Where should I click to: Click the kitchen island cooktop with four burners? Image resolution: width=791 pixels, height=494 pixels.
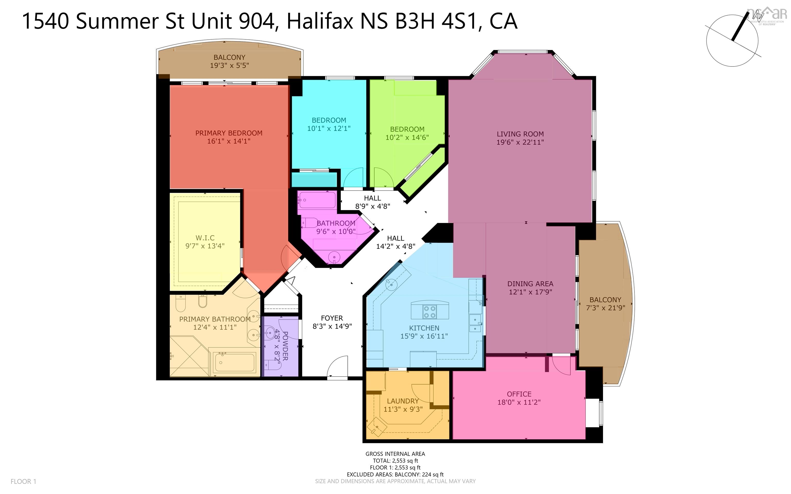[x=430, y=311]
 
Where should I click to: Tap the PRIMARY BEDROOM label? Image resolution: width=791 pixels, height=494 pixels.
[x=229, y=133]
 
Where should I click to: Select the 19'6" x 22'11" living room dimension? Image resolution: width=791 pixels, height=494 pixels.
[x=520, y=142]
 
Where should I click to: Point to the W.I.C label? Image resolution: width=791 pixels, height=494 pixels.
[x=205, y=237]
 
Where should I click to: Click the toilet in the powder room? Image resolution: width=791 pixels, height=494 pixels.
[x=273, y=365]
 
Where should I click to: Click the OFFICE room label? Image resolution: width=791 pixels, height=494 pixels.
[x=519, y=394]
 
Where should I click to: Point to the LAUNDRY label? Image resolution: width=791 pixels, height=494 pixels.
[x=403, y=401]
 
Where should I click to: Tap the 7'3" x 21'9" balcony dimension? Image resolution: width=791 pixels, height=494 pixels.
[x=605, y=308]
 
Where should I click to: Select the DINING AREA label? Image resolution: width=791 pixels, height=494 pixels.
[x=530, y=284]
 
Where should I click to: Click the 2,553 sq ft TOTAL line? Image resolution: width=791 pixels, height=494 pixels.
[x=395, y=461]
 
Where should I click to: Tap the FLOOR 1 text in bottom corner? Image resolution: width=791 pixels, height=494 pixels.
[x=23, y=481]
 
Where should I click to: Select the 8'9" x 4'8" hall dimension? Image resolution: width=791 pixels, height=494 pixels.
[x=372, y=206]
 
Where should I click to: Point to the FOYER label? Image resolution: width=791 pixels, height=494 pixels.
[x=332, y=318]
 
